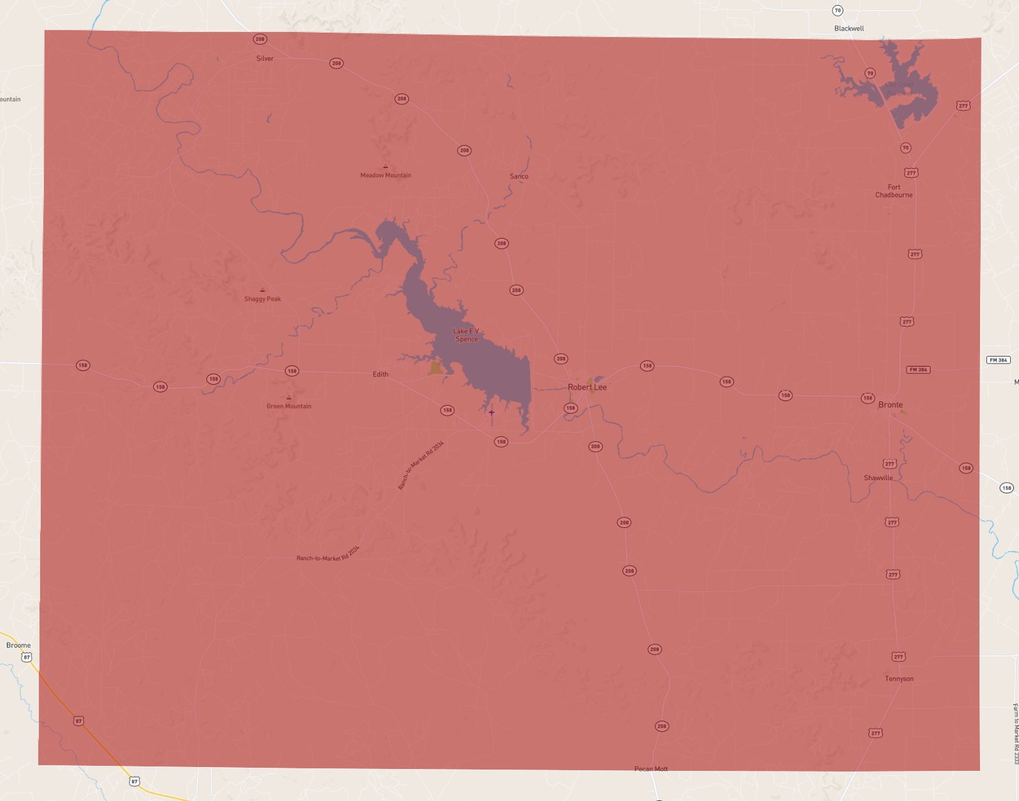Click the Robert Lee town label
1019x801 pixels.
pyautogui.click(x=587, y=387)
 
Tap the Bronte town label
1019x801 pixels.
pyautogui.click(x=890, y=405)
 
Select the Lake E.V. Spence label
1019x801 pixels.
pyautogui.click(x=466, y=335)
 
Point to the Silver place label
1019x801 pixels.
pyautogui.click(x=265, y=58)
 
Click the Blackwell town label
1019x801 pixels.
pyautogui.click(x=849, y=28)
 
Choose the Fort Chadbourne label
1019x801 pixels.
pyautogui.click(x=894, y=191)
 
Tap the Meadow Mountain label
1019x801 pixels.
pyautogui.click(x=385, y=175)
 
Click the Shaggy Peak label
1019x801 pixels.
pyautogui.click(x=262, y=299)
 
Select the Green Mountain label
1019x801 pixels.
pyautogui.click(x=289, y=406)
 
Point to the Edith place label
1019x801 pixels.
pyautogui.click(x=380, y=374)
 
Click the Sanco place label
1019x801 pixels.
pyautogui.click(x=519, y=176)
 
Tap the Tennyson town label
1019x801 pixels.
pyautogui.click(x=899, y=679)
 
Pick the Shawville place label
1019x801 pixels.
pyautogui.click(x=878, y=478)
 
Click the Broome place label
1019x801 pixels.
pyautogui.click(x=18, y=645)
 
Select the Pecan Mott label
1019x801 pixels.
pyautogui.click(x=651, y=769)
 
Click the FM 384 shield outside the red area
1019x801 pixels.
pyautogui.click(x=998, y=360)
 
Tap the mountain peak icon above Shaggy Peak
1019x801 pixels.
pyautogui.click(x=262, y=290)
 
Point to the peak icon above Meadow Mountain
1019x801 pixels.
pyautogui.click(x=385, y=166)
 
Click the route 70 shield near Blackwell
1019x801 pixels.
pyautogui.click(x=838, y=11)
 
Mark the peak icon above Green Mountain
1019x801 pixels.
pyautogui.click(x=289, y=397)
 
